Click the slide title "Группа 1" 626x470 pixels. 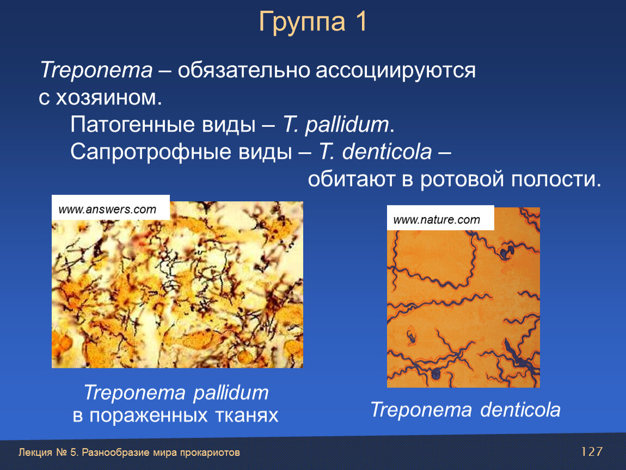(312, 22)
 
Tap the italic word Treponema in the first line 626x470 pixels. (96, 71)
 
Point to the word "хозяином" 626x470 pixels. (108, 97)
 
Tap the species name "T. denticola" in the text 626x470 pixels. (375, 152)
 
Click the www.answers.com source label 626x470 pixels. (107, 209)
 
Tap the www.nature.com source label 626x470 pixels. (437, 219)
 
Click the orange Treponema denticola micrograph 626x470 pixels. (463, 297)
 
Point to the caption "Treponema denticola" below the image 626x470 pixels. (465, 410)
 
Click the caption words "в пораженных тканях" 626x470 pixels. (175, 416)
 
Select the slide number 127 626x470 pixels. (591, 452)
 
